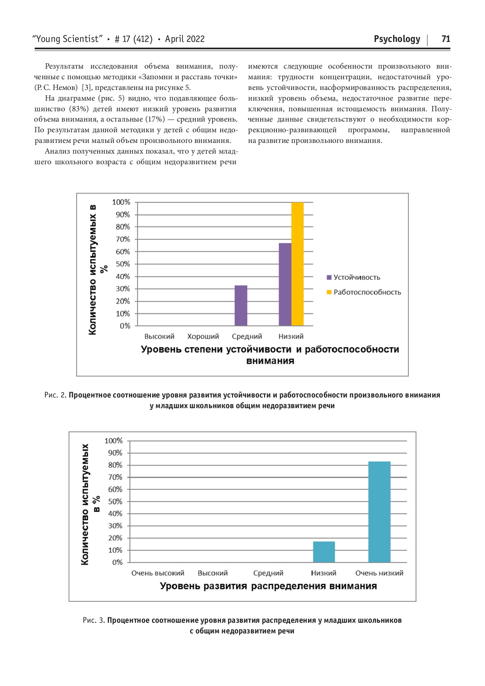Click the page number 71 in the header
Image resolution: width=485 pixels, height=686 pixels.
(x=445, y=39)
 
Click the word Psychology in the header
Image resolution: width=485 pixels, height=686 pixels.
(x=397, y=39)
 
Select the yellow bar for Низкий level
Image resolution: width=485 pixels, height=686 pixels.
(x=298, y=264)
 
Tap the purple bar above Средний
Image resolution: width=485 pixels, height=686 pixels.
(x=241, y=305)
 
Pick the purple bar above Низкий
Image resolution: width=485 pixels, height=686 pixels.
(x=285, y=284)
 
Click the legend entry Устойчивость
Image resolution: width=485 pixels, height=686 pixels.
(x=356, y=277)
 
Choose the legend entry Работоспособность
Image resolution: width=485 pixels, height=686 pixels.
(x=367, y=292)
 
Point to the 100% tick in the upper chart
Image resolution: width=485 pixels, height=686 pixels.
(x=121, y=202)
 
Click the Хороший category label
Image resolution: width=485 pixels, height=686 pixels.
(x=203, y=337)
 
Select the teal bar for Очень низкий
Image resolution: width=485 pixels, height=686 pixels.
(x=379, y=511)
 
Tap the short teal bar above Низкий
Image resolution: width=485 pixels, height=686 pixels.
(x=324, y=551)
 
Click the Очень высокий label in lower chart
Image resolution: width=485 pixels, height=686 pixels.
(x=158, y=573)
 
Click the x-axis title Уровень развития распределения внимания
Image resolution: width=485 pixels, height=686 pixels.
(x=268, y=586)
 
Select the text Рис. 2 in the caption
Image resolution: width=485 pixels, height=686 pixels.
(x=56, y=395)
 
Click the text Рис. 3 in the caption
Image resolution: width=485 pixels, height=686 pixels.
(x=94, y=620)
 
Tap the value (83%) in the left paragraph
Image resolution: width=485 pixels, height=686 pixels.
(x=80, y=109)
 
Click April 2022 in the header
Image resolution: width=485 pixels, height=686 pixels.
(x=185, y=39)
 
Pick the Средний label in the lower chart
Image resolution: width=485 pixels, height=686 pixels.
(x=268, y=573)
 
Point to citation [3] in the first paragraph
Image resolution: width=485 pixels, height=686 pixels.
(x=86, y=88)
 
